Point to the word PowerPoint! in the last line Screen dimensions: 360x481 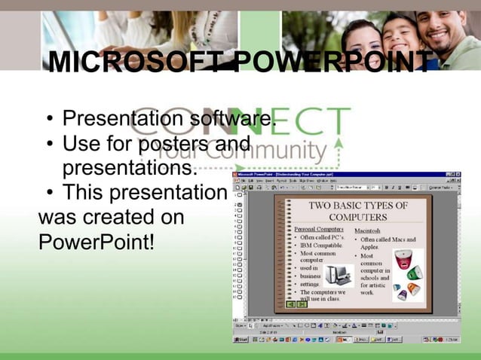tap(95, 243)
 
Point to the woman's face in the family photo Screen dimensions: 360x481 tap(362, 38)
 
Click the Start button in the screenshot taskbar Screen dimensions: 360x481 tap(240, 340)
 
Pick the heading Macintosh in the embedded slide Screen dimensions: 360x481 tap(367, 230)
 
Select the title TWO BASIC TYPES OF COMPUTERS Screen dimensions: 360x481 tap(358, 211)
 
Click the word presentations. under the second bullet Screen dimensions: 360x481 tap(129, 165)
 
